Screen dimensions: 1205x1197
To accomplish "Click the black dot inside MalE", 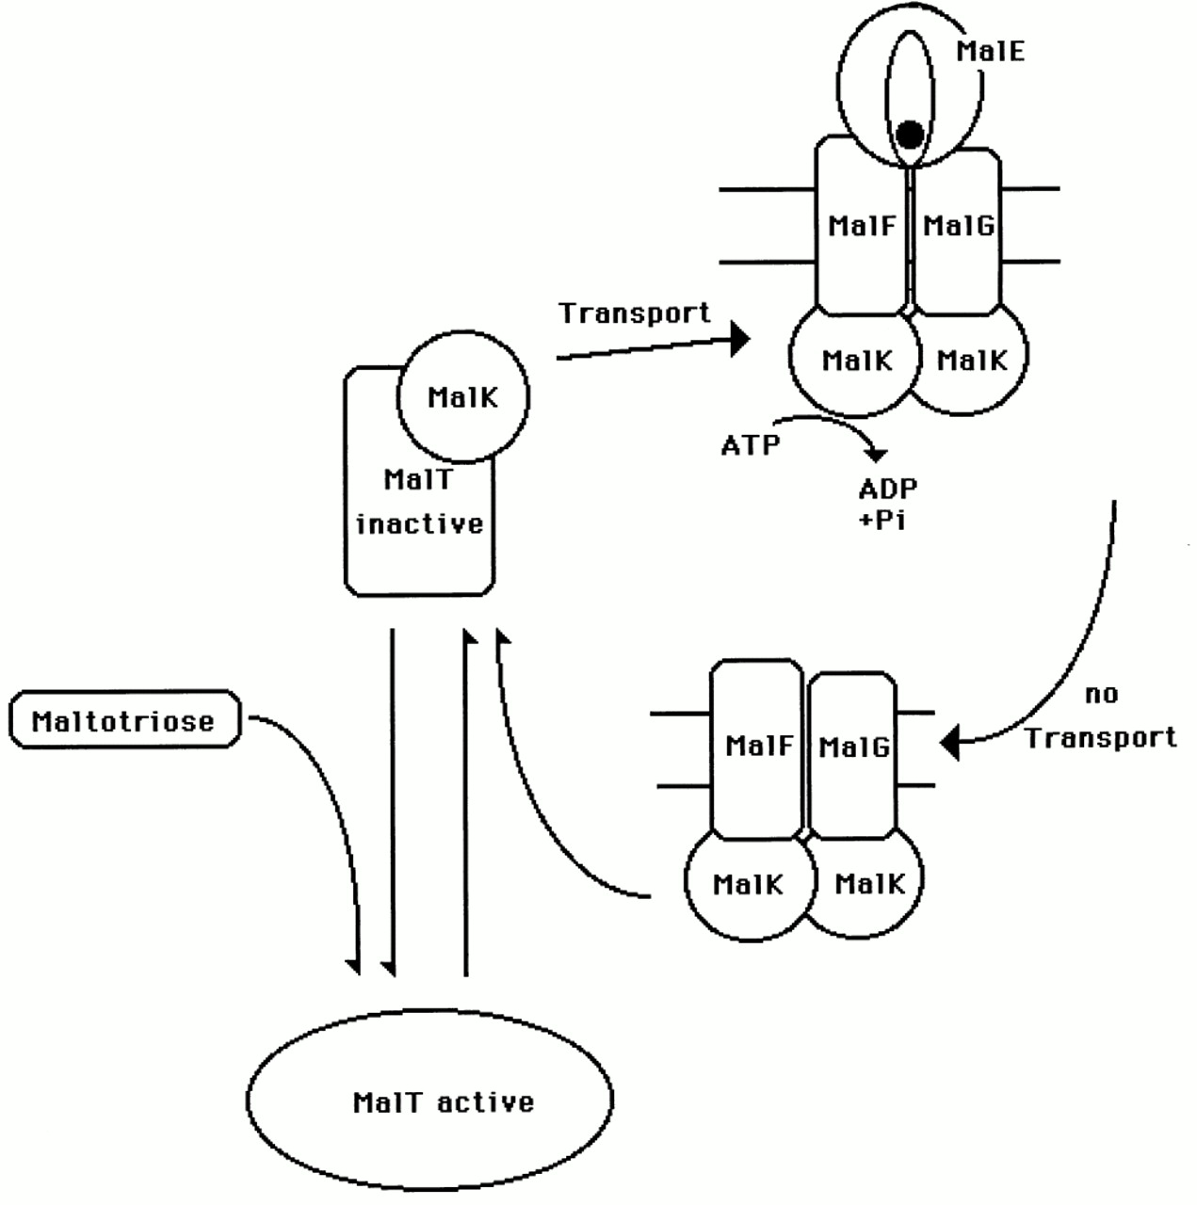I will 909,135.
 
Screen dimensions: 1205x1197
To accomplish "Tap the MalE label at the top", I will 990,51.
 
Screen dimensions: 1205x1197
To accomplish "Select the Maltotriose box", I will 124,721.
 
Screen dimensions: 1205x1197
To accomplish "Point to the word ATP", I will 751,444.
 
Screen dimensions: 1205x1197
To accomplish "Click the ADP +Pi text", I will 887,504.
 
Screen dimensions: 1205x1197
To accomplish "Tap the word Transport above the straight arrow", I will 635,313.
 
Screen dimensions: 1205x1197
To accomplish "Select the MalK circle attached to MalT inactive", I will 463,397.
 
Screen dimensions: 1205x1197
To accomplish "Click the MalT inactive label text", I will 419,503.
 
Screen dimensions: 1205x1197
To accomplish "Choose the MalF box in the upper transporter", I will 861,226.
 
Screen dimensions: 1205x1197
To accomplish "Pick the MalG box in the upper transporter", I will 957,226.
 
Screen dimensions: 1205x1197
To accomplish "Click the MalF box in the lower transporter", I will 758,747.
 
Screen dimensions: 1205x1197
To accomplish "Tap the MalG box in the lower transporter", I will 853,747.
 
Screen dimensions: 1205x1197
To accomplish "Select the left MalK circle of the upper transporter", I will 855,361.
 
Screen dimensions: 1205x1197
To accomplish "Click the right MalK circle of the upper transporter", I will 972,361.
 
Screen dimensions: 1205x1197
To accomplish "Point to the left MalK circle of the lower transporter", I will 748,884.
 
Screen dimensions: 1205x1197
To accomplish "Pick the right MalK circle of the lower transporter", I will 869,884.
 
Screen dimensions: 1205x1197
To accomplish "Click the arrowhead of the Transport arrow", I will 740,339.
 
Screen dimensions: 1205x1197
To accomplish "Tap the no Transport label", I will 1101,716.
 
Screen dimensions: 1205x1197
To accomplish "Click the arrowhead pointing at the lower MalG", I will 950,743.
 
